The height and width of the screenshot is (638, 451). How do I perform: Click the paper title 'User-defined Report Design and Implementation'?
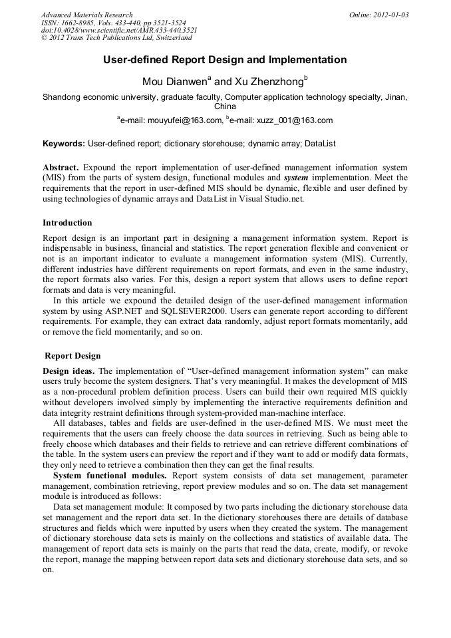[225, 60]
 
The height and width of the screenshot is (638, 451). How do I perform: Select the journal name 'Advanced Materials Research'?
[87, 15]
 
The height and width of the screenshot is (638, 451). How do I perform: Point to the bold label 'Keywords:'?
[64, 143]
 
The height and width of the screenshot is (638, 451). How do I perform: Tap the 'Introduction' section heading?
[67, 222]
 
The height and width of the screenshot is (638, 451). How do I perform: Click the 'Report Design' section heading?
[73, 356]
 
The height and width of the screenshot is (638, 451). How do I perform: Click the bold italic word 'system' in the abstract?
[295, 178]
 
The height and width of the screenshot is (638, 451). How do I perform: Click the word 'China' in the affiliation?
[225, 106]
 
